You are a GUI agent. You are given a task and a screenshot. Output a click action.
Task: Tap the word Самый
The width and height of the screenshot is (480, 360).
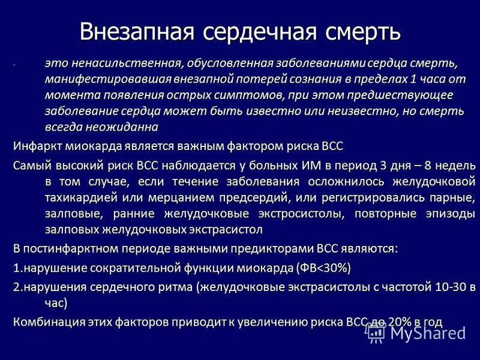[x=31, y=165]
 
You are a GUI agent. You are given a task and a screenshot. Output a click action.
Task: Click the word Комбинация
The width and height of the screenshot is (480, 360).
[x=47, y=322]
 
